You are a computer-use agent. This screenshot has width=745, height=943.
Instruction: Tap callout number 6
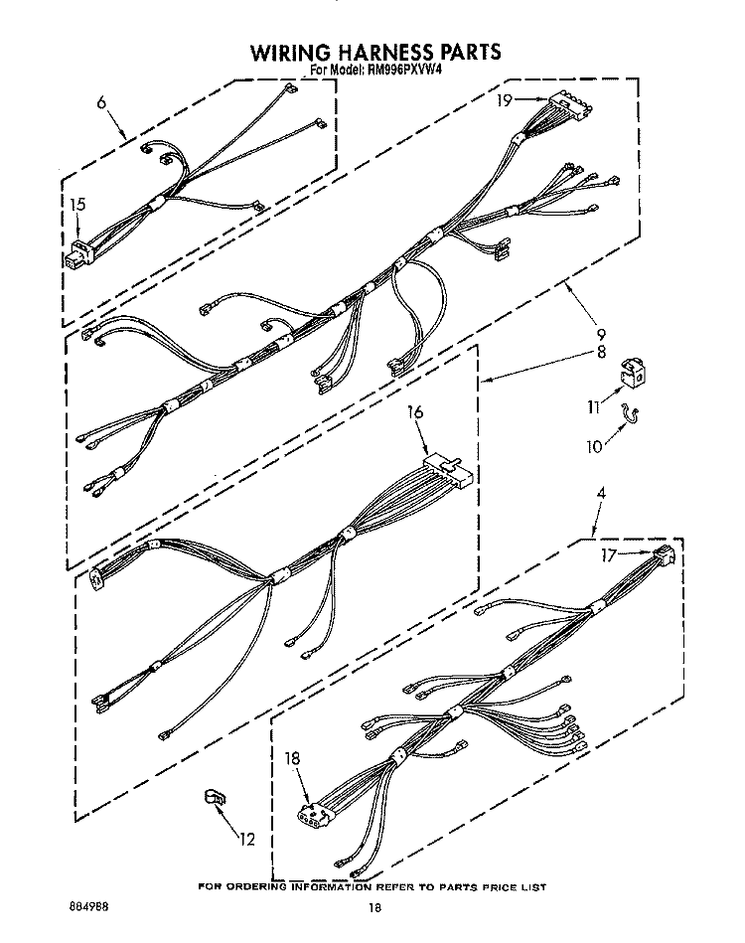point(101,102)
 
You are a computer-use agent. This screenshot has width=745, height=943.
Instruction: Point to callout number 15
point(77,205)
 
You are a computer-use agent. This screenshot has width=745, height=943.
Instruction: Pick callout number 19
point(504,100)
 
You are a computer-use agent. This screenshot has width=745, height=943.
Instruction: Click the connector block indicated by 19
point(569,102)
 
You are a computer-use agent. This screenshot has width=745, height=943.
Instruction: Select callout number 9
point(600,334)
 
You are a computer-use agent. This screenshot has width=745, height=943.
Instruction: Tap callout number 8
point(601,352)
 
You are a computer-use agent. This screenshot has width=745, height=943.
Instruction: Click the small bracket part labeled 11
point(632,373)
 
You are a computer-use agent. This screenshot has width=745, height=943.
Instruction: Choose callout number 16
point(415,412)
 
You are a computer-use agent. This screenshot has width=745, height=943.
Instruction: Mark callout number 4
point(601,493)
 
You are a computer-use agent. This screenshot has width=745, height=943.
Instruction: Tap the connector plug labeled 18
point(313,811)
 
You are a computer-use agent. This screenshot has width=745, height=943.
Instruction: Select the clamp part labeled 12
point(215,800)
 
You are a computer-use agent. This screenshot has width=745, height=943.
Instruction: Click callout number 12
point(247,839)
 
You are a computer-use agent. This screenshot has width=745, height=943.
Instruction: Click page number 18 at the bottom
point(374,908)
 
